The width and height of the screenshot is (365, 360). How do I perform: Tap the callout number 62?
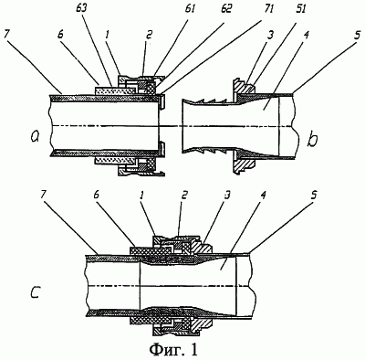(x=226, y=8)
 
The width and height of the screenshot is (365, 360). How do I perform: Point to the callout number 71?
(x=268, y=8)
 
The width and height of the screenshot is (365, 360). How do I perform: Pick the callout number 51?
(x=300, y=8)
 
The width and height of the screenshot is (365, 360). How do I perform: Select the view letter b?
(x=313, y=141)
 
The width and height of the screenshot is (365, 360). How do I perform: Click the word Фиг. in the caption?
(x=167, y=350)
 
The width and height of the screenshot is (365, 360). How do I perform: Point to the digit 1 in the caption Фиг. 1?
(x=193, y=349)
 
